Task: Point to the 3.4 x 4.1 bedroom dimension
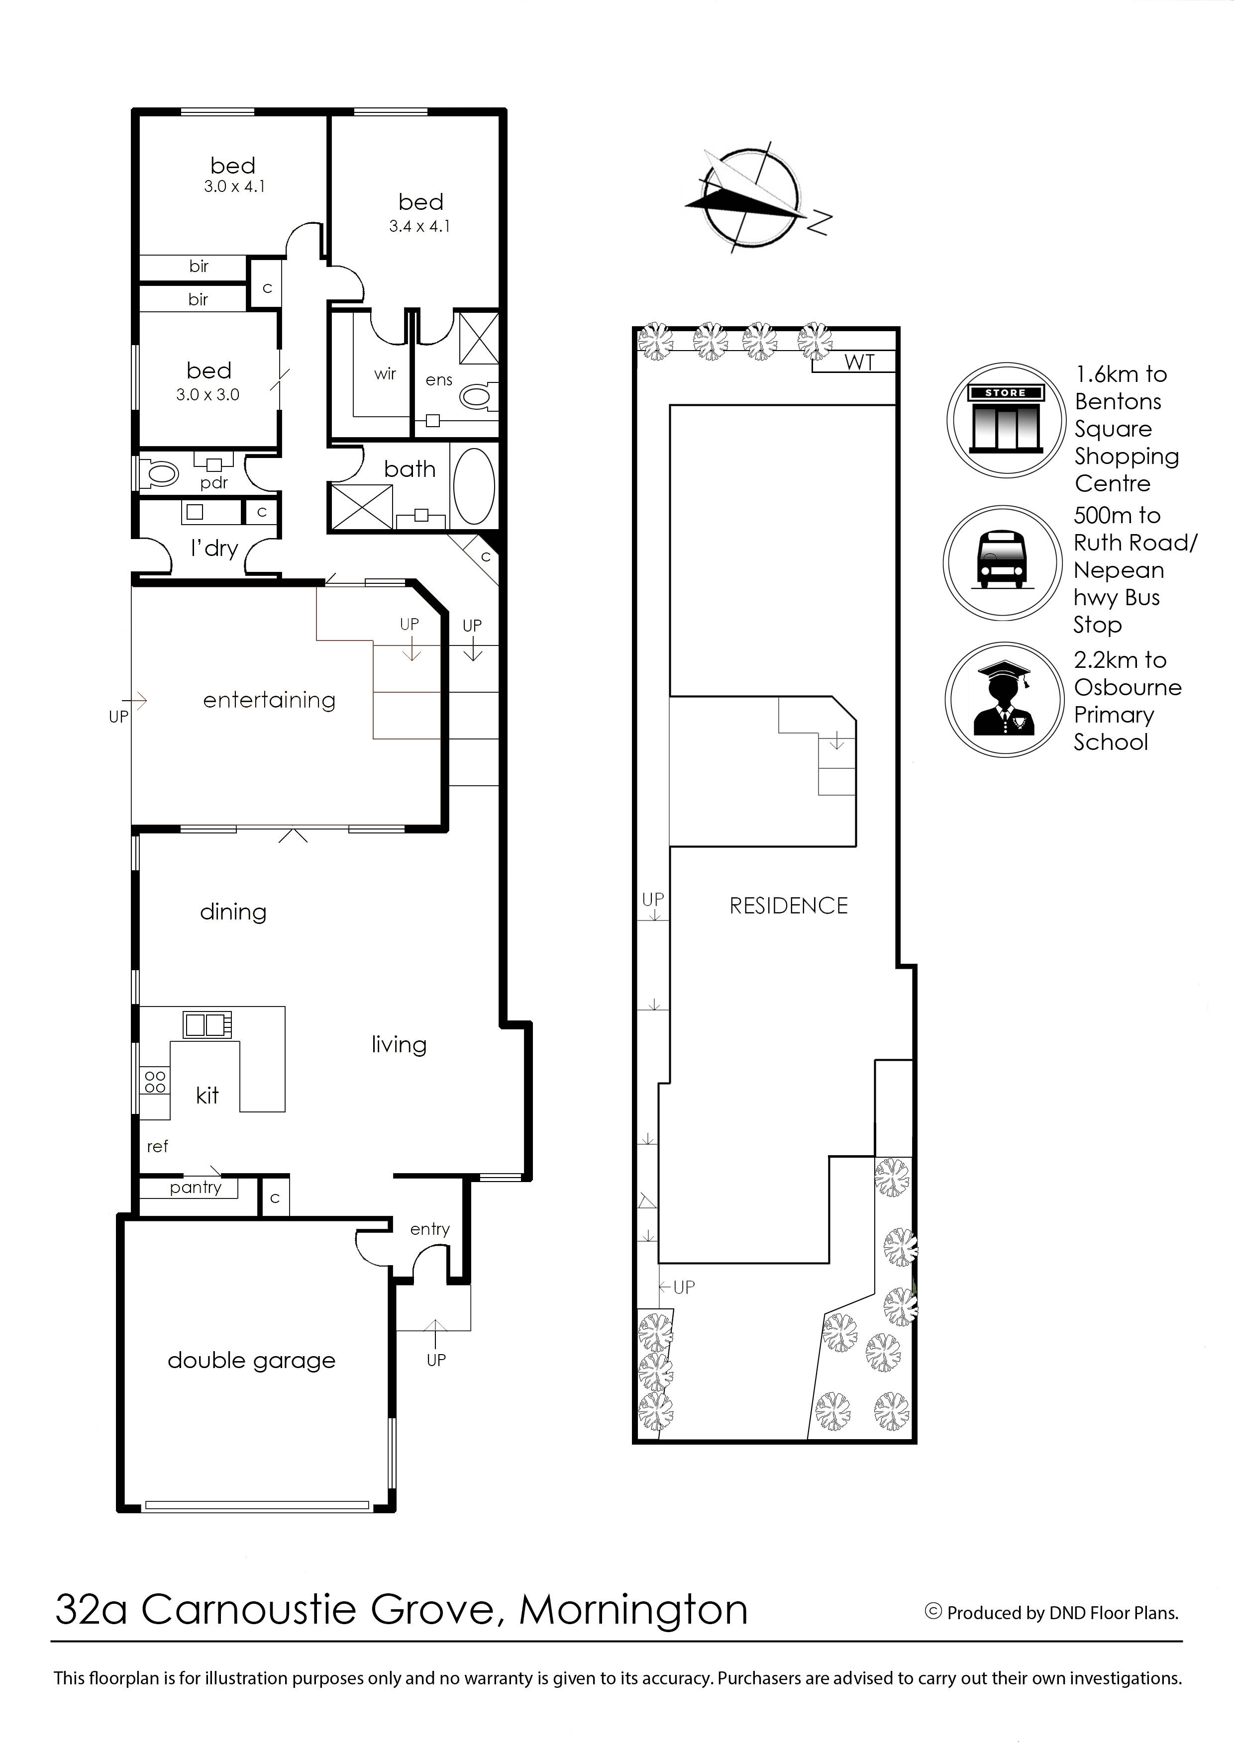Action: tap(419, 226)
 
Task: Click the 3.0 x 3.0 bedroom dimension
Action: tap(207, 395)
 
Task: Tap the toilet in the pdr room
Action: tap(160, 474)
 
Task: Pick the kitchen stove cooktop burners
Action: tap(155, 1082)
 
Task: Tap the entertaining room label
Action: tap(269, 700)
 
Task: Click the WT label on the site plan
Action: tap(859, 363)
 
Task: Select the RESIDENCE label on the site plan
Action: tap(788, 906)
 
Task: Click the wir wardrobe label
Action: tap(385, 374)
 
